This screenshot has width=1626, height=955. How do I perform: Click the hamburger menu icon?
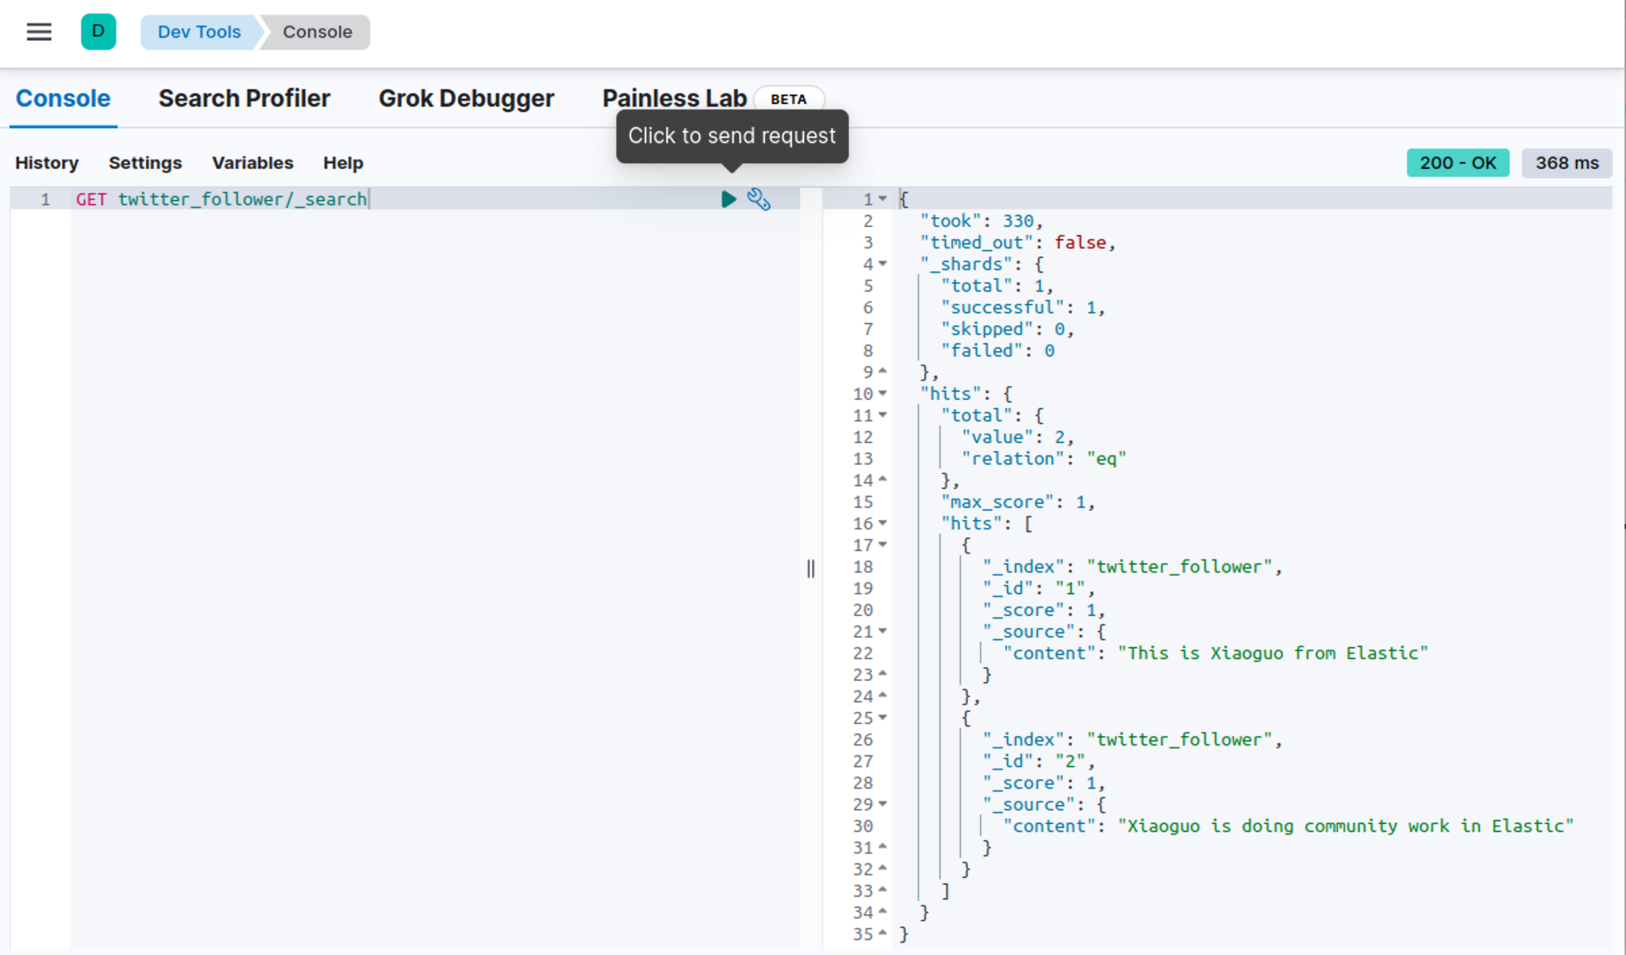(x=39, y=32)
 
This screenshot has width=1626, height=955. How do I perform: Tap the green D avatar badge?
(x=98, y=32)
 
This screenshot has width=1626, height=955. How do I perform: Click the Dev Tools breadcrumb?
(x=199, y=32)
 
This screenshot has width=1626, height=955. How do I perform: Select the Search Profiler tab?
(x=244, y=99)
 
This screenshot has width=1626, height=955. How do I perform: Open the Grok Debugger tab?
(x=466, y=99)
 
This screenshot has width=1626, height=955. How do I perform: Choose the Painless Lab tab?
(x=674, y=99)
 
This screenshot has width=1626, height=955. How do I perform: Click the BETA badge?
(x=788, y=99)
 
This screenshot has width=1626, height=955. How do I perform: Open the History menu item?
(x=47, y=163)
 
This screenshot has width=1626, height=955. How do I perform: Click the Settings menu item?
(x=145, y=163)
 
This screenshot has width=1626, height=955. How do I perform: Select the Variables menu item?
(x=253, y=163)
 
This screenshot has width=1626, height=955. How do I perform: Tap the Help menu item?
(x=343, y=163)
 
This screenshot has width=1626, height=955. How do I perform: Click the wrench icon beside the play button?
(x=758, y=199)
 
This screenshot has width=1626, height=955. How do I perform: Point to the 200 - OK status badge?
(x=1458, y=163)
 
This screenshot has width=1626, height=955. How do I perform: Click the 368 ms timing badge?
(x=1567, y=163)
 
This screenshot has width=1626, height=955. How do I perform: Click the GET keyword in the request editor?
(x=91, y=199)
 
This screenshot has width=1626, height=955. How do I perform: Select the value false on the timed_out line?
(x=1080, y=242)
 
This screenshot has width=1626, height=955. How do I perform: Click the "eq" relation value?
(x=1106, y=459)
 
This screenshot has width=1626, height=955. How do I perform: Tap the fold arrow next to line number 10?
(x=883, y=394)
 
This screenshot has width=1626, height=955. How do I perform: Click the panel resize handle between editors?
(x=811, y=569)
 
